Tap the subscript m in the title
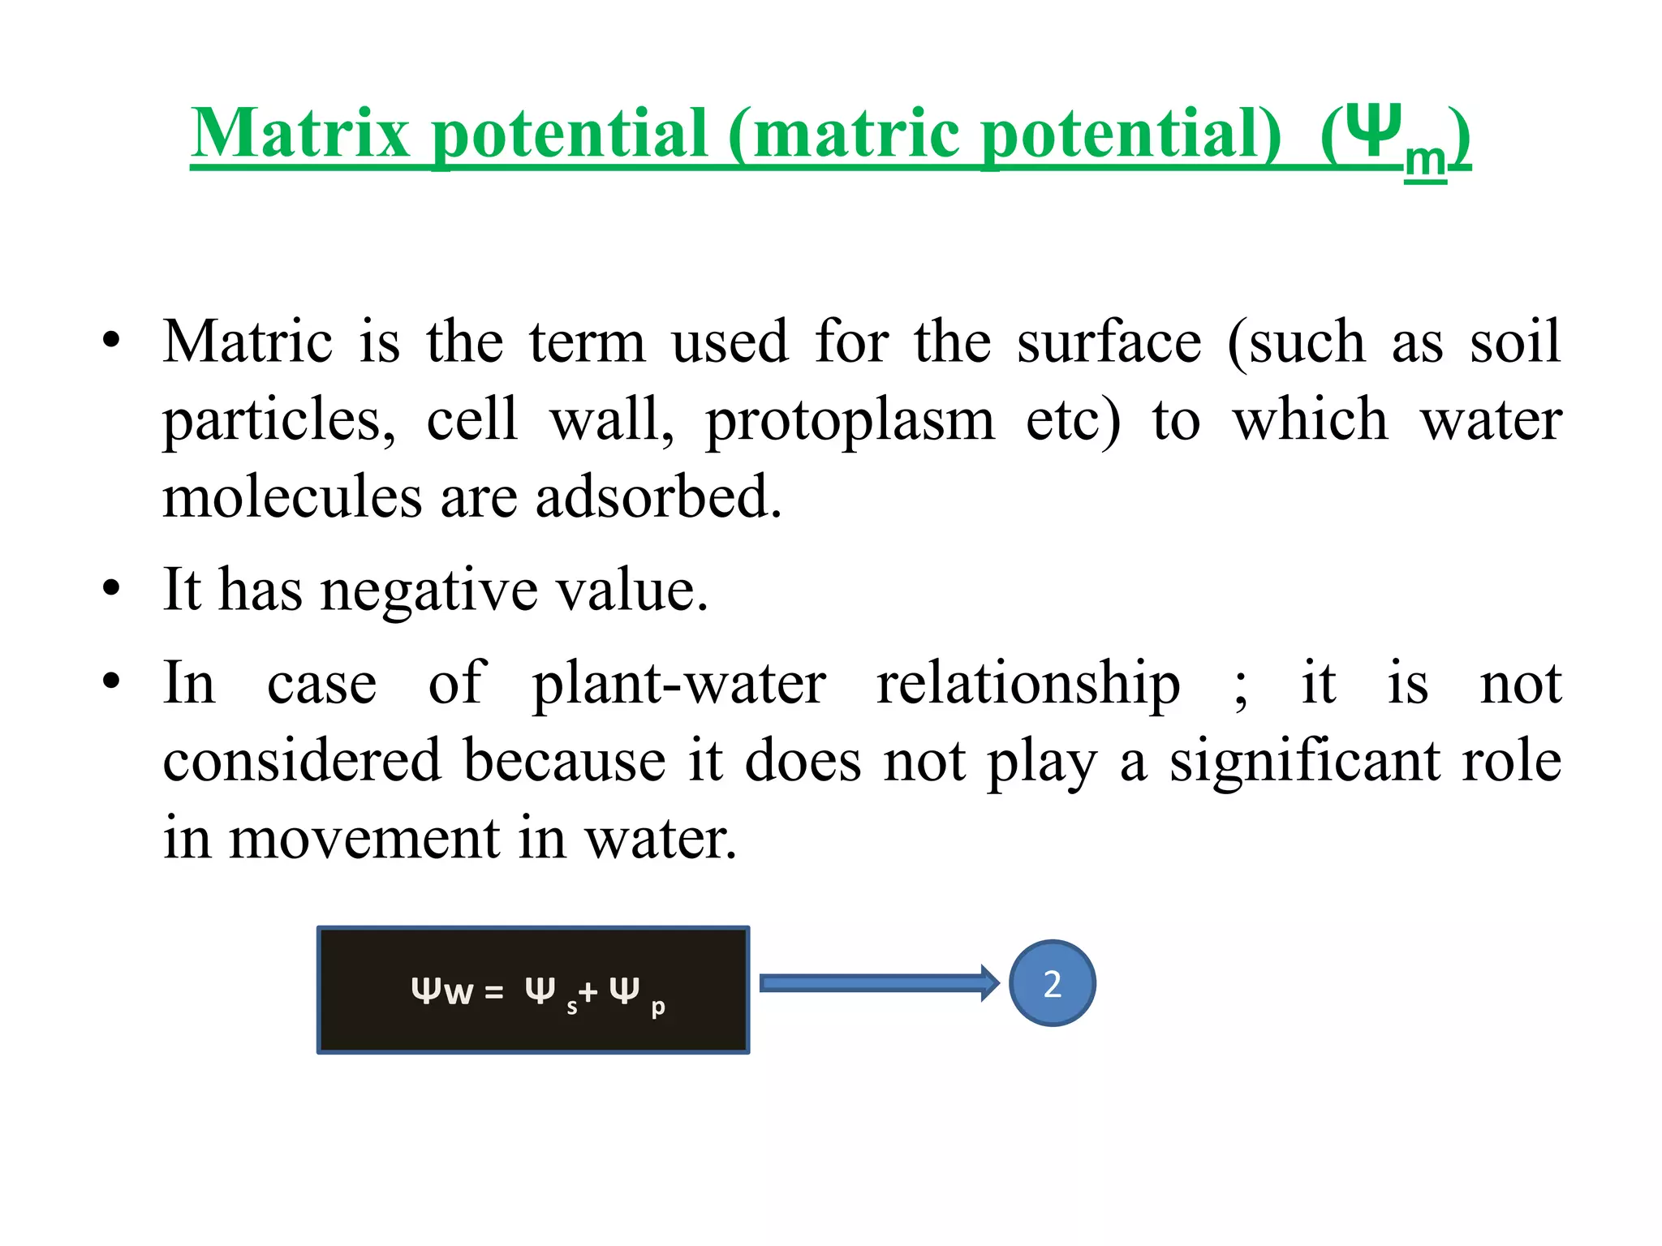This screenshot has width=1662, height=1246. pyautogui.click(x=1425, y=160)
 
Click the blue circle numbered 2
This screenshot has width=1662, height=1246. pyautogui.click(x=1053, y=984)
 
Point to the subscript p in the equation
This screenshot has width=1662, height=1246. pyautogui.click(x=658, y=1008)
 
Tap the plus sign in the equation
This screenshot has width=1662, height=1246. pyautogui.click(x=588, y=991)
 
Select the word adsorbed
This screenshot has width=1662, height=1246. pyautogui.click(x=658, y=496)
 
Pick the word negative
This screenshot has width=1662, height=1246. pyautogui.click(x=429, y=590)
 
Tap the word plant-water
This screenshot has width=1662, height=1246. pyautogui.click(x=678, y=684)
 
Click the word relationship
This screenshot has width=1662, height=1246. pyautogui.click(x=1028, y=684)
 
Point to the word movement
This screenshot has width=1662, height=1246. pyautogui.click(x=364, y=839)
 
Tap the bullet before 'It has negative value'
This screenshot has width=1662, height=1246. pyautogui.click(x=112, y=588)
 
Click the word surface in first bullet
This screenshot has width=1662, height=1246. pyautogui.click(x=1109, y=342)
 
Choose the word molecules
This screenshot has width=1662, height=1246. pyautogui.click(x=292, y=496)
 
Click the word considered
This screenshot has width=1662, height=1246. pyautogui.click(x=302, y=761)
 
